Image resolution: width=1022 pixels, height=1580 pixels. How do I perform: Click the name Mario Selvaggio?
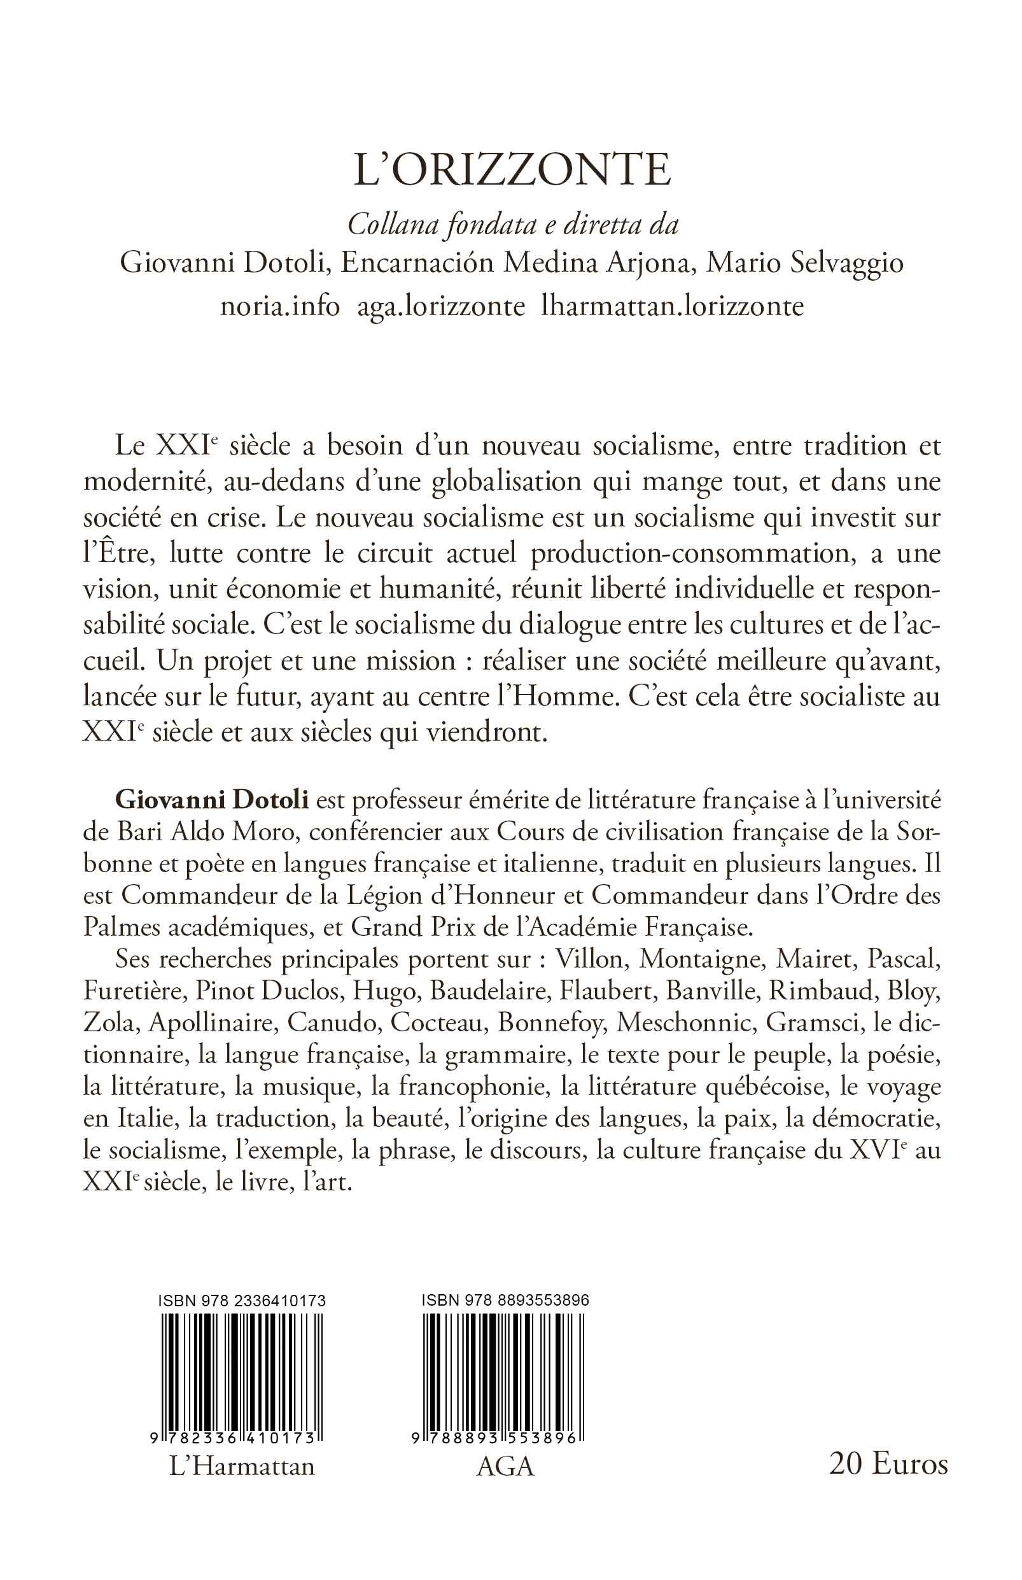(805, 264)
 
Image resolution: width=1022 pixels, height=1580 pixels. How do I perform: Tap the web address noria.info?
(280, 307)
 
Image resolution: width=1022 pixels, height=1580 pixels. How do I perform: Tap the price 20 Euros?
(888, 1464)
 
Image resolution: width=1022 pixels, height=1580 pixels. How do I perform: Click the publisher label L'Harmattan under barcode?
(242, 1466)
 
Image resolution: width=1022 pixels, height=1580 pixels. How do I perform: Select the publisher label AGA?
(505, 1466)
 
